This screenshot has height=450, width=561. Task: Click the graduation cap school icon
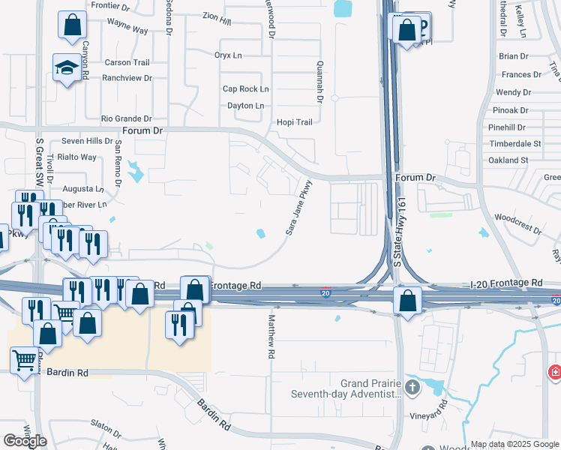click(x=67, y=67)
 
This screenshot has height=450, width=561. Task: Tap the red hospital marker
click(x=555, y=371)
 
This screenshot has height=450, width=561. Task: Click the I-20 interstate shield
click(x=325, y=291)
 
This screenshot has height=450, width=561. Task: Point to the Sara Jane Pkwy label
click(x=298, y=207)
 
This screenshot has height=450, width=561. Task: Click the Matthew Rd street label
click(x=270, y=336)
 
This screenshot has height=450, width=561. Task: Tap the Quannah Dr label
click(x=319, y=82)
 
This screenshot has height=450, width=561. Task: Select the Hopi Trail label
click(x=294, y=122)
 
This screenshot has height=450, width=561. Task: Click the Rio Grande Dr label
click(x=127, y=118)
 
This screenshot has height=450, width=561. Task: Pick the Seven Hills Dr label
click(x=87, y=141)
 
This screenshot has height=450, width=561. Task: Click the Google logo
click(x=25, y=441)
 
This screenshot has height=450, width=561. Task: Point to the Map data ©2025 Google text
click(x=514, y=445)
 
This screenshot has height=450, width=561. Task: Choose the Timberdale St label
click(x=514, y=143)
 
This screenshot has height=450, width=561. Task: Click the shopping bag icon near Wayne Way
click(x=71, y=25)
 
